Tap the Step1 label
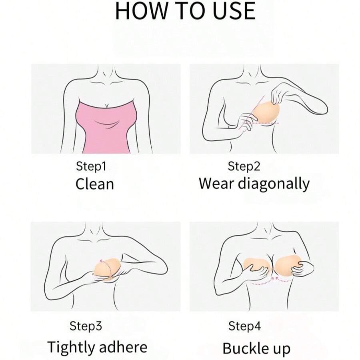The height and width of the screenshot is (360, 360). (91, 166)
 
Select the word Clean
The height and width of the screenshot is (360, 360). (94, 184)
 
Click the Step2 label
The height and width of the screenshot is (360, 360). (244, 166)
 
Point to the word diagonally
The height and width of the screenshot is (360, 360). (274, 184)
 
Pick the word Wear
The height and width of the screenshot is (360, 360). (216, 184)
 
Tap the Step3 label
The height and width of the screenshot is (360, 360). (86, 326)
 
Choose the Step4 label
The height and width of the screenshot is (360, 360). (244, 326)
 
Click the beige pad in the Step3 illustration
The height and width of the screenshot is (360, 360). (106, 269)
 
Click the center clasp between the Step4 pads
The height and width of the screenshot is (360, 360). (272, 269)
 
